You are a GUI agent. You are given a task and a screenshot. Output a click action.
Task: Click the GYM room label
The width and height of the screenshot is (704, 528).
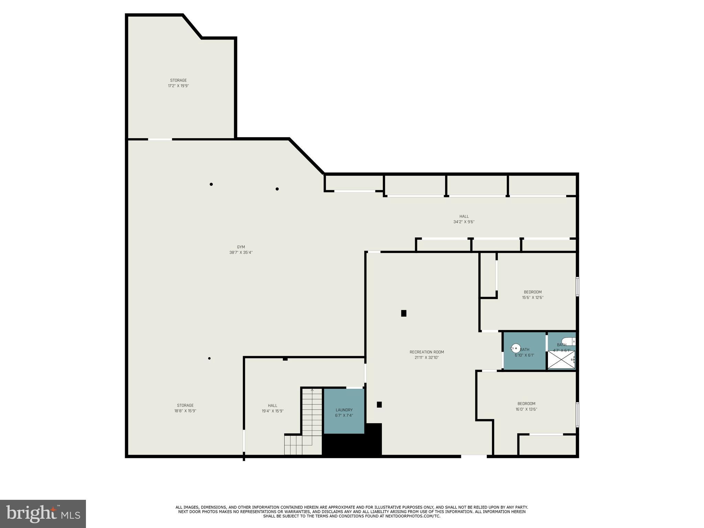(241, 250)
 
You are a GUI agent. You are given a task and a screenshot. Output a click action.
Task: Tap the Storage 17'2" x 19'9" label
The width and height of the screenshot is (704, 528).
(178, 83)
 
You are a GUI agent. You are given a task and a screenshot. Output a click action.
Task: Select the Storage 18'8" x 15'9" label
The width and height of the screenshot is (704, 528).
(185, 408)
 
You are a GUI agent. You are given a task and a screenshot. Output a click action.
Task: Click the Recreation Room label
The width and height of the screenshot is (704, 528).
(427, 355)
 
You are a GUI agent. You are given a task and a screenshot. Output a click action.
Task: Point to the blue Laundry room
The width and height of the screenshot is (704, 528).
(344, 411)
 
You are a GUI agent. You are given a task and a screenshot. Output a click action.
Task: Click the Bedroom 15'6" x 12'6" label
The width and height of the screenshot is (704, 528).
(532, 295)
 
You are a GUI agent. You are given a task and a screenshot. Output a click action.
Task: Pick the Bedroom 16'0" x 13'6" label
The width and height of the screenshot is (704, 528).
(526, 406)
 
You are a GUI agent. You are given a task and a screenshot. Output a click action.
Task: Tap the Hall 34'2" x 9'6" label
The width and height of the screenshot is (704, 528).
(464, 219)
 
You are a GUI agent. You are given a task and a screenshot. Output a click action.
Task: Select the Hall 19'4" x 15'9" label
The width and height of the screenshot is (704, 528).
(273, 408)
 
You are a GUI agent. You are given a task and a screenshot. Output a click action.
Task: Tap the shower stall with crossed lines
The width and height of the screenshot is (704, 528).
(561, 360)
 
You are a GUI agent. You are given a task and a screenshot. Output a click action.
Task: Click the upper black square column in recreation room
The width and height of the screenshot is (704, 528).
(404, 313)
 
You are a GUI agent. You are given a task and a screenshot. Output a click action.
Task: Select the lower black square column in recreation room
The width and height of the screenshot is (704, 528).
(379, 405)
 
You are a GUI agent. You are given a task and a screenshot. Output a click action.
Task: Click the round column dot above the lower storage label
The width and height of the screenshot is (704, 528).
(209, 359)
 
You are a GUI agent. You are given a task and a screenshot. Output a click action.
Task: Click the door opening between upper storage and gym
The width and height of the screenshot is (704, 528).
(160, 139)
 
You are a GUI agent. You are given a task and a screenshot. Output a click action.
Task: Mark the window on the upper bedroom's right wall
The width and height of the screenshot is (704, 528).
(577, 287)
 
